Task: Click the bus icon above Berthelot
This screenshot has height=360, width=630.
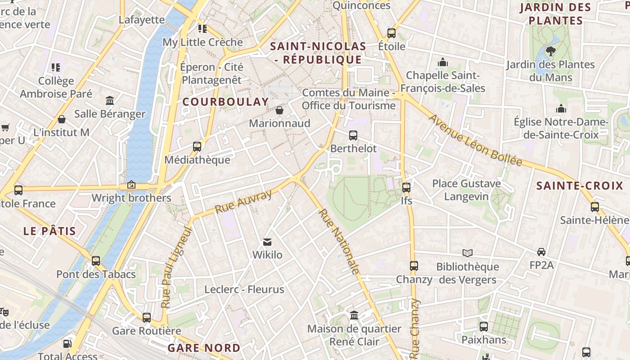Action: coord(353,135)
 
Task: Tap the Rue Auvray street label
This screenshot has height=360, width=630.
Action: coord(243,202)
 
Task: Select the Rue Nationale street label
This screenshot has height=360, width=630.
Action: coord(339,241)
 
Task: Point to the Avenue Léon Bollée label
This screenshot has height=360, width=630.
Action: coord(476,140)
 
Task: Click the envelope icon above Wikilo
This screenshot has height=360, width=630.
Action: coord(267,242)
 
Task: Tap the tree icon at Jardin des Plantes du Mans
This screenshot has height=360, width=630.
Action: coord(550,51)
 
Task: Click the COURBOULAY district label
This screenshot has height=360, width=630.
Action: coord(225,102)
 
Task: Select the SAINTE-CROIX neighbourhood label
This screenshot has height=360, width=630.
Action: coord(580,185)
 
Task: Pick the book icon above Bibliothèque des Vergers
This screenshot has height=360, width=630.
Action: coord(468,253)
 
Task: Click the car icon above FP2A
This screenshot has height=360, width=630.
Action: coord(541,252)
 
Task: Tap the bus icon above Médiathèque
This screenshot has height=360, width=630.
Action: coord(197,146)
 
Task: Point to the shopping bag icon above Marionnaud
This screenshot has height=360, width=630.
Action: coord(279,110)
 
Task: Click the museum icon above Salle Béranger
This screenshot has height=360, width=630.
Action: coord(110,100)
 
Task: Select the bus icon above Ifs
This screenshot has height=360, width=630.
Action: coord(406,188)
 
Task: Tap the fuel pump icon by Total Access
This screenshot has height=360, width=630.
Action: coord(67,344)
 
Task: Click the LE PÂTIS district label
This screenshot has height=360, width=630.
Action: coord(49,231)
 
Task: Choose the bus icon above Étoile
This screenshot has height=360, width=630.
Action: coord(391,33)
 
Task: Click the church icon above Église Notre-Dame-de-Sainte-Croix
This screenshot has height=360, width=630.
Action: coord(561,108)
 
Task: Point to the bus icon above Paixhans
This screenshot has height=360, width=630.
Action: coord(484,327)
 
